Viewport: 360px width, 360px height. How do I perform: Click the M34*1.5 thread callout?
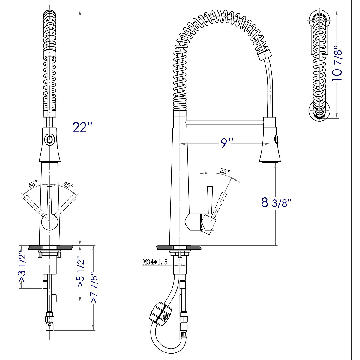(155, 262)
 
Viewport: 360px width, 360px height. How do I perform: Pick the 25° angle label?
(225, 171)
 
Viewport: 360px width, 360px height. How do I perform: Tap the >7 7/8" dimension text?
(94, 287)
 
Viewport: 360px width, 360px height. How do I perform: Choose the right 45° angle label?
(68, 185)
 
